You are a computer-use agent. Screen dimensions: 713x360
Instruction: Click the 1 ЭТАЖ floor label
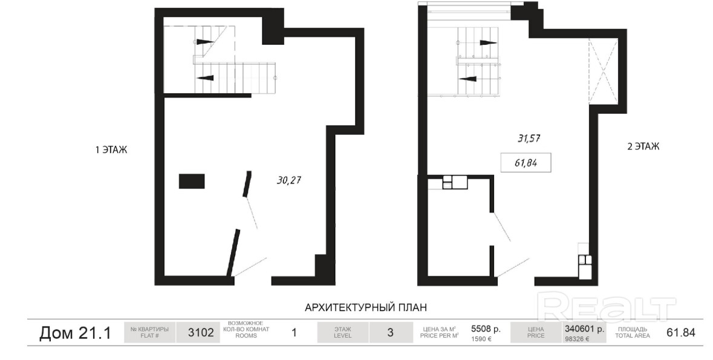[x=111, y=149]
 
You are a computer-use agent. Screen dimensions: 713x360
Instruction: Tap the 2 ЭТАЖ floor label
[x=643, y=146]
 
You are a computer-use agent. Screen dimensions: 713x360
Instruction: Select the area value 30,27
[x=289, y=181]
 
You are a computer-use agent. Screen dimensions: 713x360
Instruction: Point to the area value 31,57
[x=529, y=139]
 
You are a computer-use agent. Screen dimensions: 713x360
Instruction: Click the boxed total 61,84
[x=526, y=163]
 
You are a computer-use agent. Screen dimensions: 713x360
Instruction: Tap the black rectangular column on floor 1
[x=192, y=181]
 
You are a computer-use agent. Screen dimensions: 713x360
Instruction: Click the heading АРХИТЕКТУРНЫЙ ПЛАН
[x=366, y=307]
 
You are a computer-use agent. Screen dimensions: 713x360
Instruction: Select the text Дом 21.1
[x=75, y=333]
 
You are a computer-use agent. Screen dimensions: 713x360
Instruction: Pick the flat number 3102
[x=201, y=333]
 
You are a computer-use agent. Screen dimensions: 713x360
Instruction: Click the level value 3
[x=390, y=333]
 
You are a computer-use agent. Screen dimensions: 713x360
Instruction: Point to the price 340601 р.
[x=584, y=329]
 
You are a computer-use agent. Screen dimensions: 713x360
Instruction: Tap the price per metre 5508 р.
[x=486, y=329]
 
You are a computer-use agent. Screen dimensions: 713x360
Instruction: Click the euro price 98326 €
[x=576, y=339]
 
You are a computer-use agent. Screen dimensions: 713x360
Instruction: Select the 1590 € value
[x=481, y=339]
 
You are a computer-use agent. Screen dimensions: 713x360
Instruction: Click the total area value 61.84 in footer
[x=681, y=333]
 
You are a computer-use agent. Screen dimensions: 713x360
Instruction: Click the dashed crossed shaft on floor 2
[x=603, y=72]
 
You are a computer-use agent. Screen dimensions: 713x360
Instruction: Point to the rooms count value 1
[x=294, y=333]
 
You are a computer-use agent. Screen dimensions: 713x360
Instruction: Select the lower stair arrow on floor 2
[x=468, y=78]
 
